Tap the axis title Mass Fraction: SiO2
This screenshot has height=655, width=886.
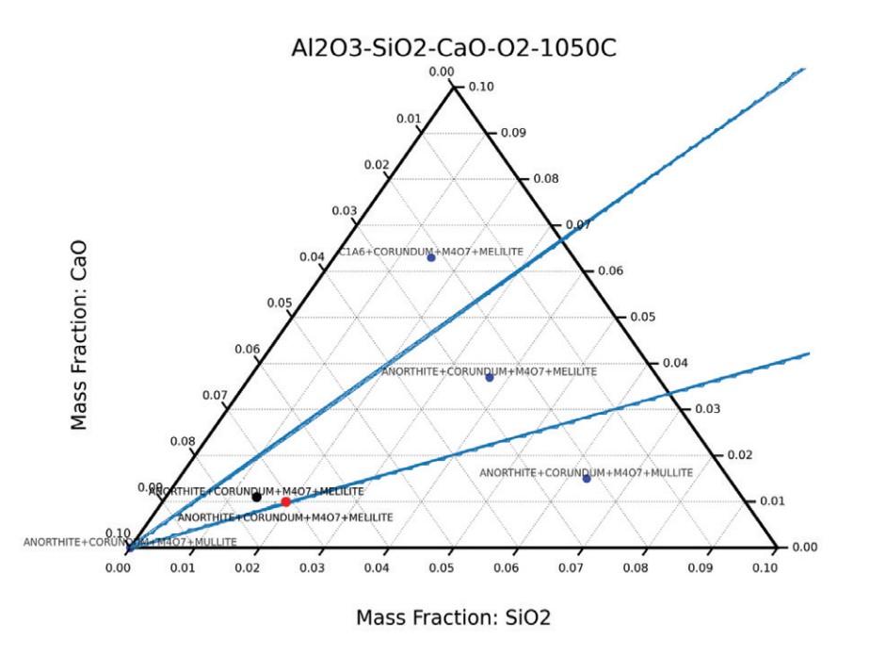click(x=453, y=618)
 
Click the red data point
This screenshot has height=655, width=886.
click(x=286, y=501)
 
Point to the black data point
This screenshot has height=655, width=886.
click(x=256, y=497)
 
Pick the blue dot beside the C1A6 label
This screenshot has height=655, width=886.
click(x=431, y=257)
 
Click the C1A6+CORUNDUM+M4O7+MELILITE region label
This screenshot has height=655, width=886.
click(x=430, y=252)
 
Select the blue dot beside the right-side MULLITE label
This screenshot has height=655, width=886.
click(x=587, y=479)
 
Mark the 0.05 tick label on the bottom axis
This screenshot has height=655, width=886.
click(x=442, y=568)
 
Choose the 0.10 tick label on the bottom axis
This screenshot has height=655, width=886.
click(x=765, y=568)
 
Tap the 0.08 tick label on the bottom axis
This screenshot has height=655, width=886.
click(x=636, y=568)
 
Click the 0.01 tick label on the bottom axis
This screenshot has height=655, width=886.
click(x=183, y=568)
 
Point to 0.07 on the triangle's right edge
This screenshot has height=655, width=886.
click(x=576, y=225)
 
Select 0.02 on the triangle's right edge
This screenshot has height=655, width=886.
click(x=740, y=455)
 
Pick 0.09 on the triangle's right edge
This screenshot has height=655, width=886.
click(x=513, y=133)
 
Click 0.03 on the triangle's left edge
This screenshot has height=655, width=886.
click(x=344, y=210)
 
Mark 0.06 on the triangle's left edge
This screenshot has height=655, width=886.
click(x=247, y=350)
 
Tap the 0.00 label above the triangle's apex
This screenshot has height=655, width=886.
click(x=442, y=72)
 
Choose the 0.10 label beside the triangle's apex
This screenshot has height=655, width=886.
click(x=481, y=87)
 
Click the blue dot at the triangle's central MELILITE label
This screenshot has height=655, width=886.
click(x=489, y=378)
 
